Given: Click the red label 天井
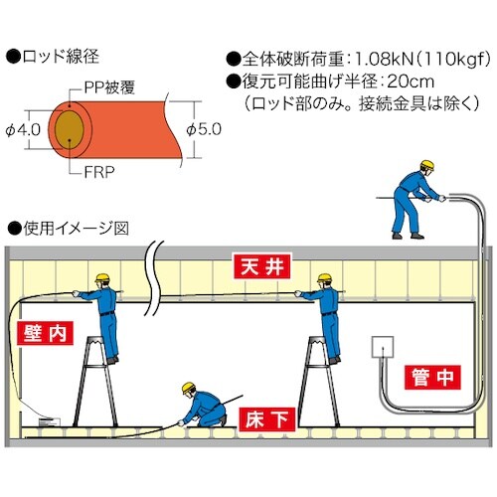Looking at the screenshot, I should click(260, 267).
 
